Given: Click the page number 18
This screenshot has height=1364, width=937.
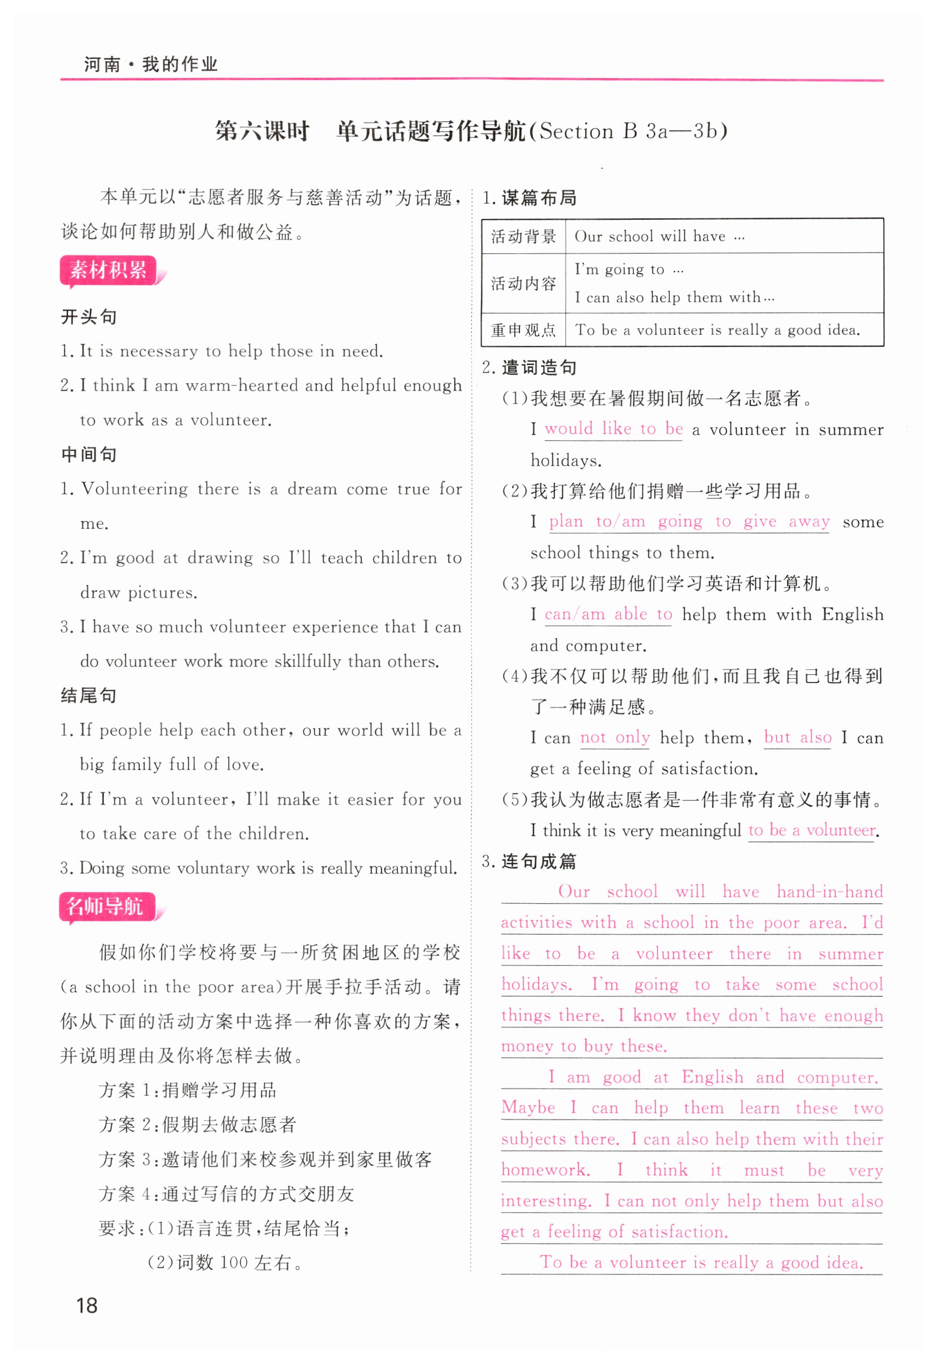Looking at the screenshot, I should point(87,1305).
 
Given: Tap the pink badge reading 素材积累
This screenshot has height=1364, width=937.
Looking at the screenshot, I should point(108,270).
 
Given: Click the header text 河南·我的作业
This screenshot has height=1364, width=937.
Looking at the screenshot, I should point(151,64).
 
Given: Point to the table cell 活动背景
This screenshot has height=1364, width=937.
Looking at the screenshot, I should point(523,236).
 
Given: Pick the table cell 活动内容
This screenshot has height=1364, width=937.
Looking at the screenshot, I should point(523,283).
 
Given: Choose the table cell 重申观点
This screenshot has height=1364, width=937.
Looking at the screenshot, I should point(523,330).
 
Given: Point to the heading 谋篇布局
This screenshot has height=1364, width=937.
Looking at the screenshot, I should point(538,198).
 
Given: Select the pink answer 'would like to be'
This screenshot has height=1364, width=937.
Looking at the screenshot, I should point(613,429).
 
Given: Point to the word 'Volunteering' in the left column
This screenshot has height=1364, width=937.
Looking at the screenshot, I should point(135,489).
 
